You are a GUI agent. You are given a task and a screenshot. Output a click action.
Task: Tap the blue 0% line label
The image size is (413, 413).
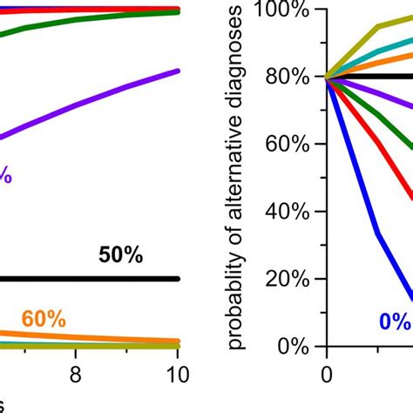tap(394, 322)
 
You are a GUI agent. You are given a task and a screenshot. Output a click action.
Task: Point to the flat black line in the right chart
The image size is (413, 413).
tap(375, 78)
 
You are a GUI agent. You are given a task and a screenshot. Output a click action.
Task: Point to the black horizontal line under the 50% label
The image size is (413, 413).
tap(87, 279)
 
